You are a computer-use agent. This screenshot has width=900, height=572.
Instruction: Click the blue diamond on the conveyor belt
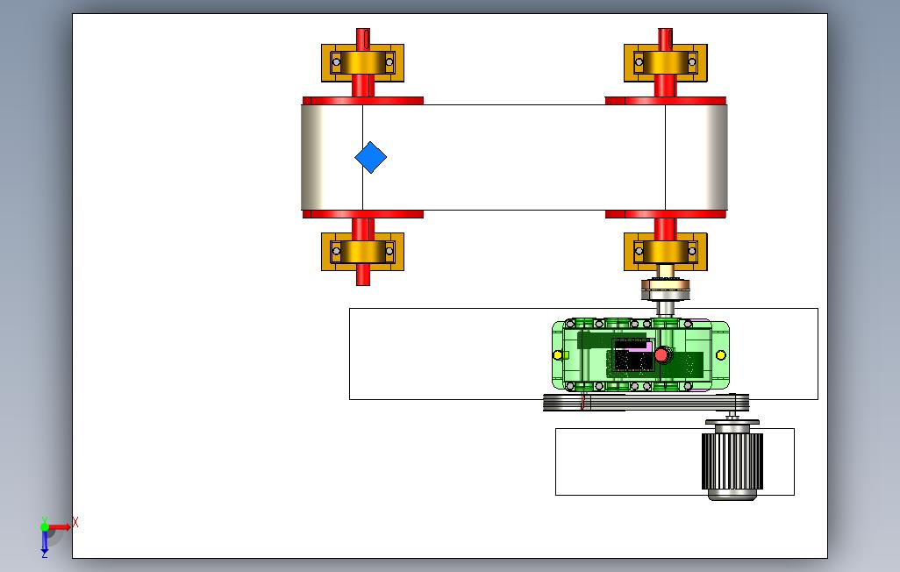(371, 157)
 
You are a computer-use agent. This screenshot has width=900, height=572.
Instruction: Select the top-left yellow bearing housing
(363, 62)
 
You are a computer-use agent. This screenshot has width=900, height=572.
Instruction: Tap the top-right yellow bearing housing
(666, 62)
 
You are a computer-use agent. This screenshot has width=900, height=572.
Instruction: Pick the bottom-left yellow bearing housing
(363, 252)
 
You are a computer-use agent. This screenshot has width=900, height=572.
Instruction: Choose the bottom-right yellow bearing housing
(666, 252)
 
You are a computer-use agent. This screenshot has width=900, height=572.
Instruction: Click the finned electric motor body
(732, 461)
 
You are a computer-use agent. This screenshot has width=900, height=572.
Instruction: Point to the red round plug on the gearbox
(661, 355)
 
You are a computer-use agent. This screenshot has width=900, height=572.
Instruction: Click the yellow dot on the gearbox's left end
(557, 355)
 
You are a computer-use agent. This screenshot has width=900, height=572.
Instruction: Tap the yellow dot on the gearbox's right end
(721, 355)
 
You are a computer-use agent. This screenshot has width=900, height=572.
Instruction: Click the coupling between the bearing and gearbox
(665, 289)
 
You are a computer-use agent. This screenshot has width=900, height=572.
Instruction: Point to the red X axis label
(75, 523)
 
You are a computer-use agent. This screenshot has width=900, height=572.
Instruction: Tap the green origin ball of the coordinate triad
(45, 526)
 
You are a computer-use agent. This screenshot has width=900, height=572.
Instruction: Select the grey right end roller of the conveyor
(696, 157)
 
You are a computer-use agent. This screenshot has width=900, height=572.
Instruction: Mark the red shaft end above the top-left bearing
(363, 36)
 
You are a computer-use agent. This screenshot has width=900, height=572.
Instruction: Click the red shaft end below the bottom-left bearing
(363, 278)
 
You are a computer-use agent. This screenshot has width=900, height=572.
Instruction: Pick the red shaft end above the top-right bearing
(665, 36)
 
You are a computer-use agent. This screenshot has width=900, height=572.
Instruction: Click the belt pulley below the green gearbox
(646, 403)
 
